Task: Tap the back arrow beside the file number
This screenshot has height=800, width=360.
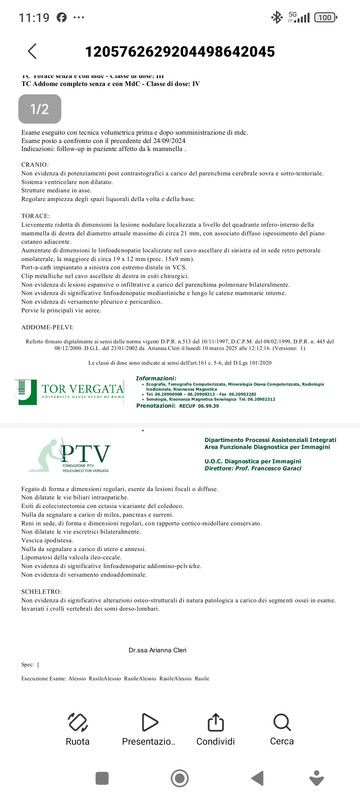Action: coord(33,51)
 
